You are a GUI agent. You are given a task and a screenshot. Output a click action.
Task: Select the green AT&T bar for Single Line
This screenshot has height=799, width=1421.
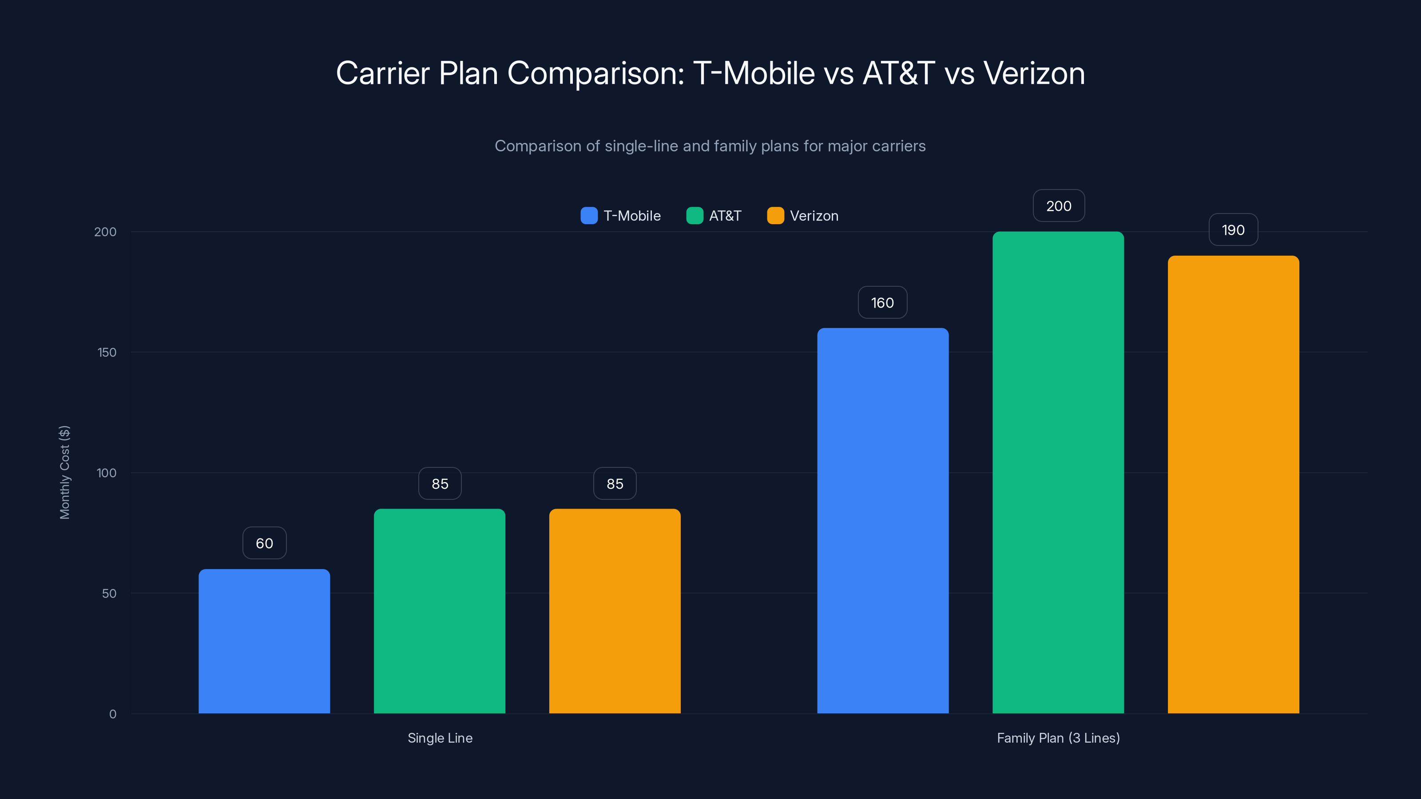tap(440, 611)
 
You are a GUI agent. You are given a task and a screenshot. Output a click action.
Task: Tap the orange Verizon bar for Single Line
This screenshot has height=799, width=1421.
tap(615, 611)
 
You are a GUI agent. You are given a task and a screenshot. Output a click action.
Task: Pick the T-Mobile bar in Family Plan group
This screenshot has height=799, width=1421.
tap(883, 521)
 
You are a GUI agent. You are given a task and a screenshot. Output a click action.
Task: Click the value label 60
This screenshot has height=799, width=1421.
tap(264, 543)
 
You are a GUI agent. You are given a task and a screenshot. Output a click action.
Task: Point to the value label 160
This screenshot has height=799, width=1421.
tap(883, 303)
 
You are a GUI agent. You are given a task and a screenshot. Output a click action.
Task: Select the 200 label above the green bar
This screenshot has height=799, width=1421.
tap(1059, 206)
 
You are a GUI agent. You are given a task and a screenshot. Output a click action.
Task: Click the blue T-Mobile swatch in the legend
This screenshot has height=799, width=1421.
tap(589, 216)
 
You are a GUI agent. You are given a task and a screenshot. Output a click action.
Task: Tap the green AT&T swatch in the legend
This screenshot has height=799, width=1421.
tap(695, 216)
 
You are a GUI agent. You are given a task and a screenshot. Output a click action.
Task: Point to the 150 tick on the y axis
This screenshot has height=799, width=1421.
tap(107, 352)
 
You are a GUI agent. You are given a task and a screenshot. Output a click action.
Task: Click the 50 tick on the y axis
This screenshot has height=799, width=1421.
tap(109, 593)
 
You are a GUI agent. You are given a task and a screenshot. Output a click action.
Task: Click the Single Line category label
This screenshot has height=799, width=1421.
tap(440, 738)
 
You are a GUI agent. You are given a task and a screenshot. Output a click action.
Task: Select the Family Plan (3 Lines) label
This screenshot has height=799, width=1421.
tap(1058, 738)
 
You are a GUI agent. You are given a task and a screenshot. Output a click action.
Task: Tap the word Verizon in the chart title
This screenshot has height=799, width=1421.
tap(1034, 73)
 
